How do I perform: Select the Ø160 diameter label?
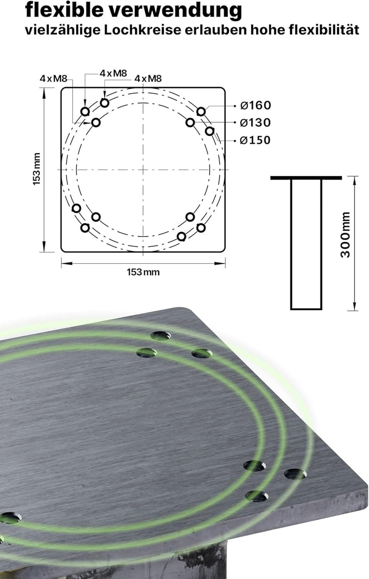tap(256, 105)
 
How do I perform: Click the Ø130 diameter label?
tap(256, 122)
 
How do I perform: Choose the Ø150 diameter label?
tap(256, 140)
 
